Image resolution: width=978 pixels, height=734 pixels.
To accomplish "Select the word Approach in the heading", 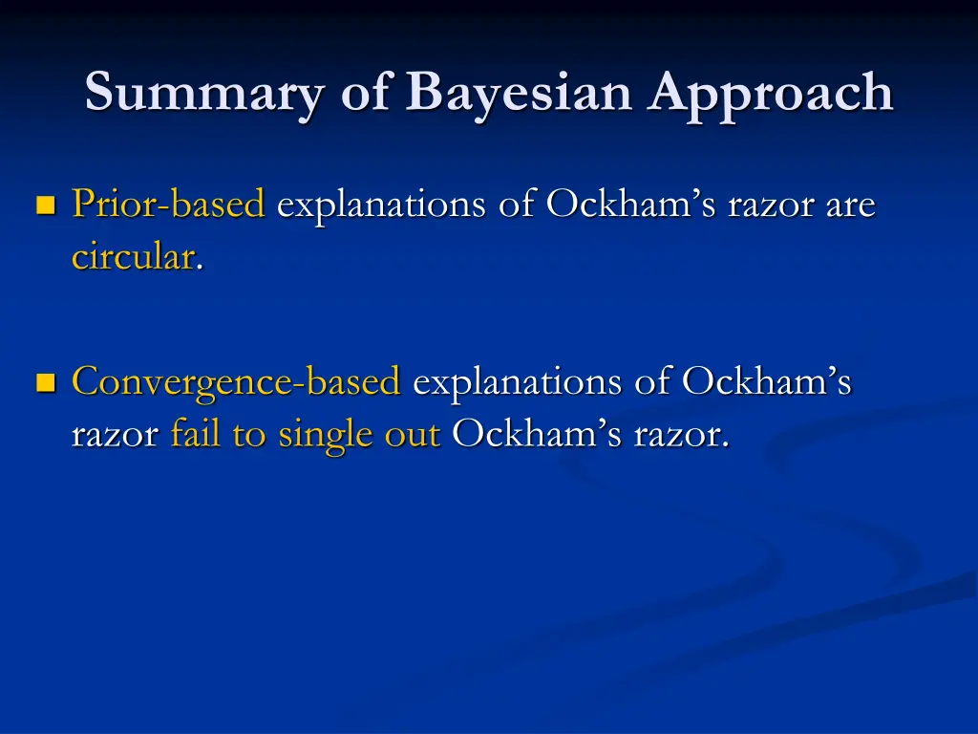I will click(773, 94).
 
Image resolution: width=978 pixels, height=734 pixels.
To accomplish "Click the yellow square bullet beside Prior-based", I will click(44, 205).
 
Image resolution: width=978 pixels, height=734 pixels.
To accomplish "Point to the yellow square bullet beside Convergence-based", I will click(44, 383).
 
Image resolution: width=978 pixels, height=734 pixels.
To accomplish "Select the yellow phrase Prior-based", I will click(168, 204).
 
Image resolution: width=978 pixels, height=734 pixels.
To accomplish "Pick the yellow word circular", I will click(133, 256).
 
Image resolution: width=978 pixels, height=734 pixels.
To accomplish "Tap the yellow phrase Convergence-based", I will click(236, 382).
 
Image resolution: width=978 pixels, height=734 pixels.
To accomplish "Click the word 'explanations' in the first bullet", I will click(381, 205).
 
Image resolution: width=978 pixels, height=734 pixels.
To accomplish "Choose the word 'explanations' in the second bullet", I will click(516, 382).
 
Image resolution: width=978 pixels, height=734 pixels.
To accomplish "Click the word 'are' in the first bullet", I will click(850, 205).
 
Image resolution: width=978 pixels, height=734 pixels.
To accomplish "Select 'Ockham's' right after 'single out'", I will click(536, 434).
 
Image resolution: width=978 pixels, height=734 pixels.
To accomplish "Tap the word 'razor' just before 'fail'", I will click(115, 435).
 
